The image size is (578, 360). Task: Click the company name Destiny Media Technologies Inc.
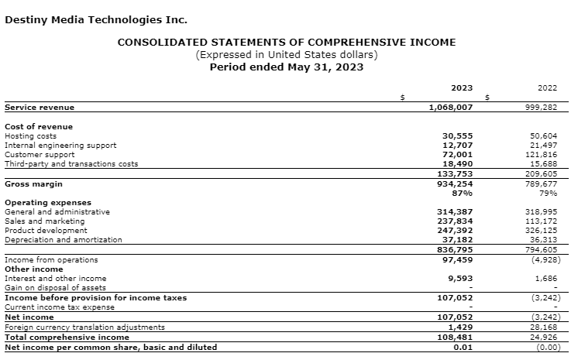96,19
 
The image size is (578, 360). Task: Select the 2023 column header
462,88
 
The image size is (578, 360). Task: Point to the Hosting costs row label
30,135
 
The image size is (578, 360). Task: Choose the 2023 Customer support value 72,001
457,154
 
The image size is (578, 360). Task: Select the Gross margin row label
33,183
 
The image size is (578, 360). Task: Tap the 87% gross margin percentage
463,193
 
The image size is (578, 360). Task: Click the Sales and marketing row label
44,221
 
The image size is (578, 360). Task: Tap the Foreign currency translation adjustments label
84,327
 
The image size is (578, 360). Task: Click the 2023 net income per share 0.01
463,346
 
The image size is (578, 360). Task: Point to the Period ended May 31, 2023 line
287,67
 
